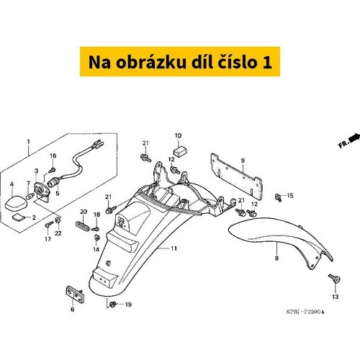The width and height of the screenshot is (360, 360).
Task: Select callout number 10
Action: (178, 135)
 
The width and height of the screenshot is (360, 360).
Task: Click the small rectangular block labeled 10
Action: (180, 152)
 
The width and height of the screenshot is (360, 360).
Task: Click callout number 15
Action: (290, 196)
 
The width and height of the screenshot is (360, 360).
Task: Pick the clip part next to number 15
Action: (278, 197)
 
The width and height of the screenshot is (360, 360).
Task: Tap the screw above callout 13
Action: (334, 279)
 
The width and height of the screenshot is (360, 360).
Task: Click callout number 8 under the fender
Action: (276, 258)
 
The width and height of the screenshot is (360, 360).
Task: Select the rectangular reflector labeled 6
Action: (75, 294)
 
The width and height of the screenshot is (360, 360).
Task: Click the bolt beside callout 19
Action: (112, 305)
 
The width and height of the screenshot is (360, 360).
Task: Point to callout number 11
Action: (174, 248)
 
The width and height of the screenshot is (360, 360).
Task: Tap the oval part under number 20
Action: (82, 225)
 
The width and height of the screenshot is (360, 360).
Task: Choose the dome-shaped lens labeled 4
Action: (16, 202)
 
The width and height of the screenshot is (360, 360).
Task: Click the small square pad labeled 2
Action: (19, 217)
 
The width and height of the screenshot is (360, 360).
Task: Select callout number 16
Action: (53, 156)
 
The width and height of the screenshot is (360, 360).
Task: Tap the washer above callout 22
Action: (58, 220)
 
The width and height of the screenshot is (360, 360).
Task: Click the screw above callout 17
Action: (49, 225)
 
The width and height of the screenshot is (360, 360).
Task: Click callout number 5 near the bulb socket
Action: (58, 193)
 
